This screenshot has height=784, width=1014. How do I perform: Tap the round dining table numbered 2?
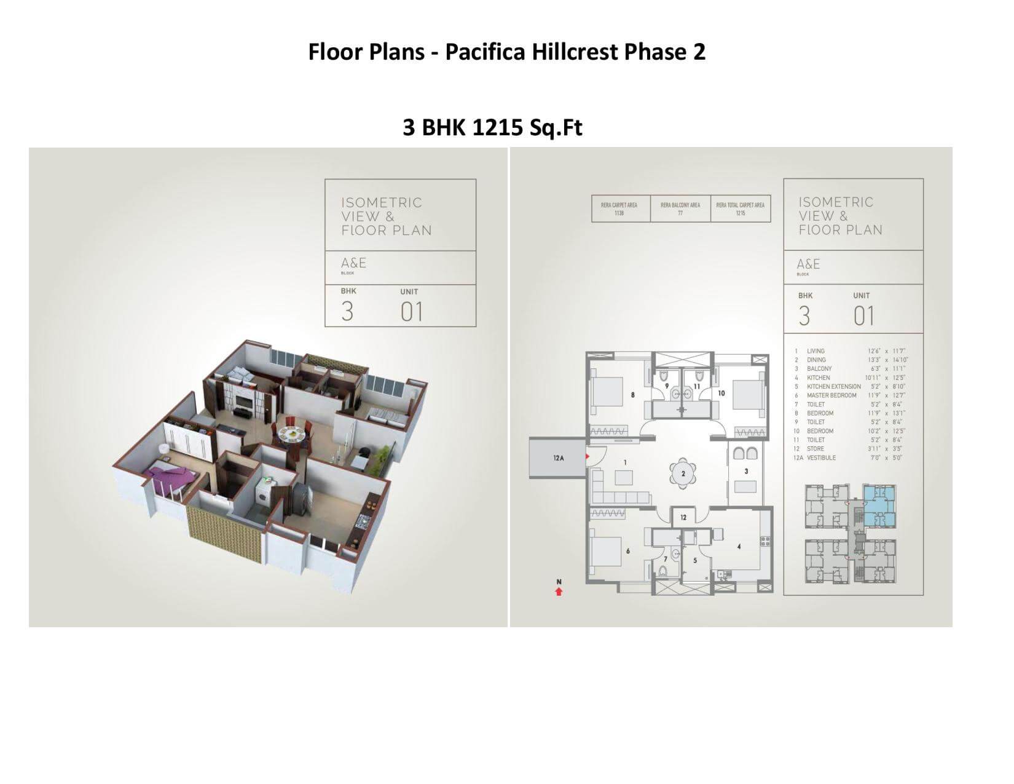click(683, 473)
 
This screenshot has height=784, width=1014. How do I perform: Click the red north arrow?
click(559, 592)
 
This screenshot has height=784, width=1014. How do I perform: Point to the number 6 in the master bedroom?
click(627, 551)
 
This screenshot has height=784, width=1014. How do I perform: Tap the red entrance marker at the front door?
click(588, 456)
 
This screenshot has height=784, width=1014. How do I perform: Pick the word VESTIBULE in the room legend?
click(821, 458)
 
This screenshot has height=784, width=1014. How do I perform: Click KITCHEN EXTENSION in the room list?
click(833, 387)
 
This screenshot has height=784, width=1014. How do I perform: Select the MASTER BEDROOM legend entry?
click(831, 395)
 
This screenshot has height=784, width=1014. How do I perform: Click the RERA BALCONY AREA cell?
click(680, 209)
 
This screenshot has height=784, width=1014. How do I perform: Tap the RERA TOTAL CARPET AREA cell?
click(740, 209)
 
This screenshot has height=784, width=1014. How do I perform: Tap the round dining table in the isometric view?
click(291, 435)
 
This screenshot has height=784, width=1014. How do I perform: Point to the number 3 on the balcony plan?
click(746, 472)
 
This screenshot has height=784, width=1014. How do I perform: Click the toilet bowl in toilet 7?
click(662, 571)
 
